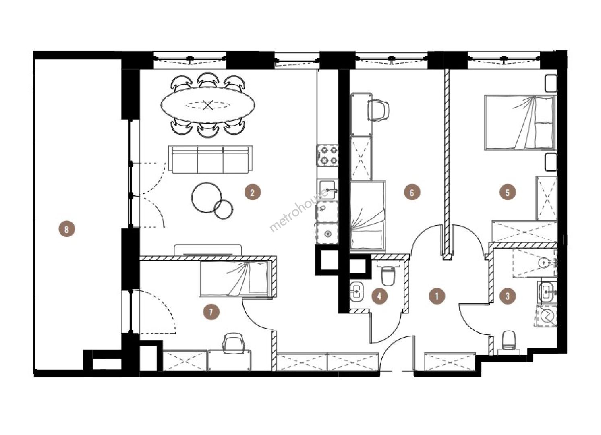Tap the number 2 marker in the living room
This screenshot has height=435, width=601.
tap(252, 192)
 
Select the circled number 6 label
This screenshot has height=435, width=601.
tap(412, 192)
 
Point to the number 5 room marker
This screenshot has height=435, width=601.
tap(508, 192)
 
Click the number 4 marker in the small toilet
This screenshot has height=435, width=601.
tap(379, 296)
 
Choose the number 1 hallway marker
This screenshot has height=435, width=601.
tap(437, 296)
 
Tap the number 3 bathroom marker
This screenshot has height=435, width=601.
tap(508, 296)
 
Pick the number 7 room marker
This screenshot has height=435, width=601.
tap(211, 312)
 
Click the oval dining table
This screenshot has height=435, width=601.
tap(208, 105)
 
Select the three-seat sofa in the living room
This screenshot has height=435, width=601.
tap(210, 159)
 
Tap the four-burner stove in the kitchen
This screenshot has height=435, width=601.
tap(327, 155)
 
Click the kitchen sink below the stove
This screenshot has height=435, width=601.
tap(327, 190)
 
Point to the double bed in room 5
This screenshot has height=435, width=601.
tap(520, 122)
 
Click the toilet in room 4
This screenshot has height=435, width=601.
tap(388, 275)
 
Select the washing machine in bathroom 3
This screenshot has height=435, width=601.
tap(546, 317)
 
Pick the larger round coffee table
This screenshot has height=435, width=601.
tap(207, 197)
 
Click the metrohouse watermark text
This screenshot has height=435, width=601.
tap(298, 210)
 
